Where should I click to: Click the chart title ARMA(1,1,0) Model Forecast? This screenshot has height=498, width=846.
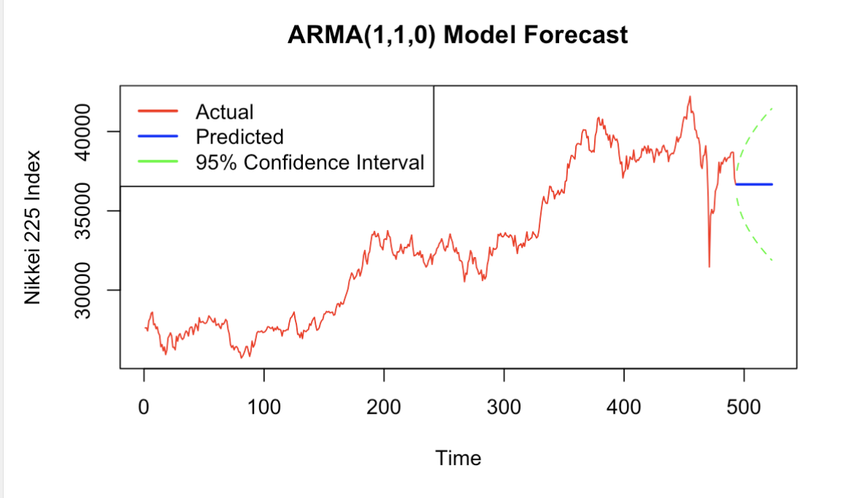458,34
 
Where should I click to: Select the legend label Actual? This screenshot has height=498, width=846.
224,111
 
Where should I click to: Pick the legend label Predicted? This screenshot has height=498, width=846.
240,136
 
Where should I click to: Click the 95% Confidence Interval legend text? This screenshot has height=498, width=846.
309,162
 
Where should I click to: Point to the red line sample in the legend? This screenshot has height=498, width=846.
158,111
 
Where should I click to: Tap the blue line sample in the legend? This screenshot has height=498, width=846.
158,136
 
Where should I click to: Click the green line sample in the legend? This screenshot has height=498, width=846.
158,162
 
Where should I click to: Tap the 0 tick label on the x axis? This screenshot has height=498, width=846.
144,406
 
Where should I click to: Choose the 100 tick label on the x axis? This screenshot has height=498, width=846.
264,406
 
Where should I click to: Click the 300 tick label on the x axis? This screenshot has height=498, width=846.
504,406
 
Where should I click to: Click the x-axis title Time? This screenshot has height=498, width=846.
458,458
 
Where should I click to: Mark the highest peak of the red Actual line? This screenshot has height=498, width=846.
689,97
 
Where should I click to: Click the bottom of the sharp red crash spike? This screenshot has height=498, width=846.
709,266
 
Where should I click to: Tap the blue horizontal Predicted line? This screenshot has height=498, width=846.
754,184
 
